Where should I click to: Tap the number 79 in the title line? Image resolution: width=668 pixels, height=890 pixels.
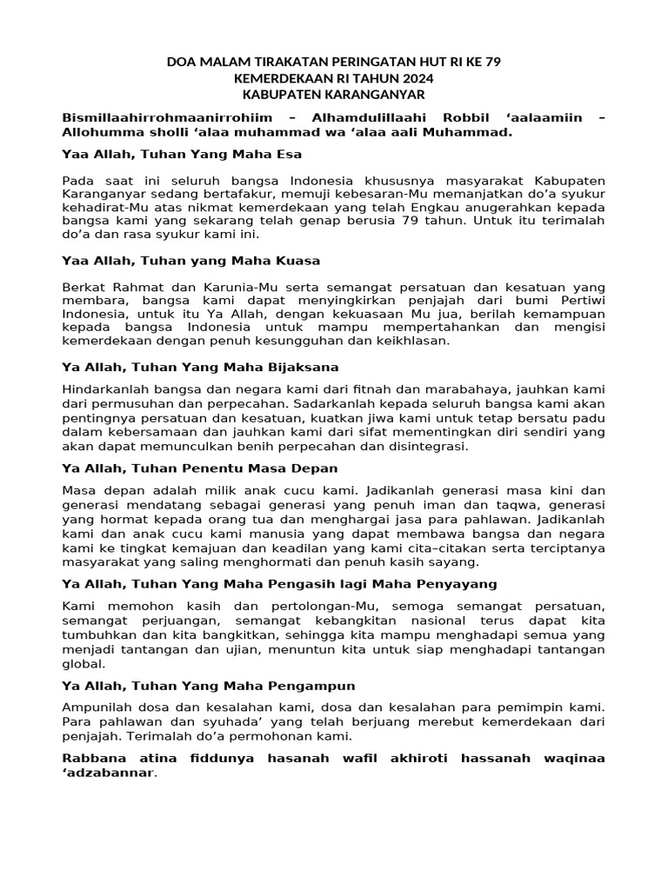[491, 62]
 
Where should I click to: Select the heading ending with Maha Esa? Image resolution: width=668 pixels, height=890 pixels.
[182, 154]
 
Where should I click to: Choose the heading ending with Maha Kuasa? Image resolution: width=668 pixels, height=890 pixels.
[191, 261]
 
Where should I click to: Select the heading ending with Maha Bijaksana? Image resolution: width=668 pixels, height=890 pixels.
[200, 367]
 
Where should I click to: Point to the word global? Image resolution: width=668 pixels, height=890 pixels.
[83, 663]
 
